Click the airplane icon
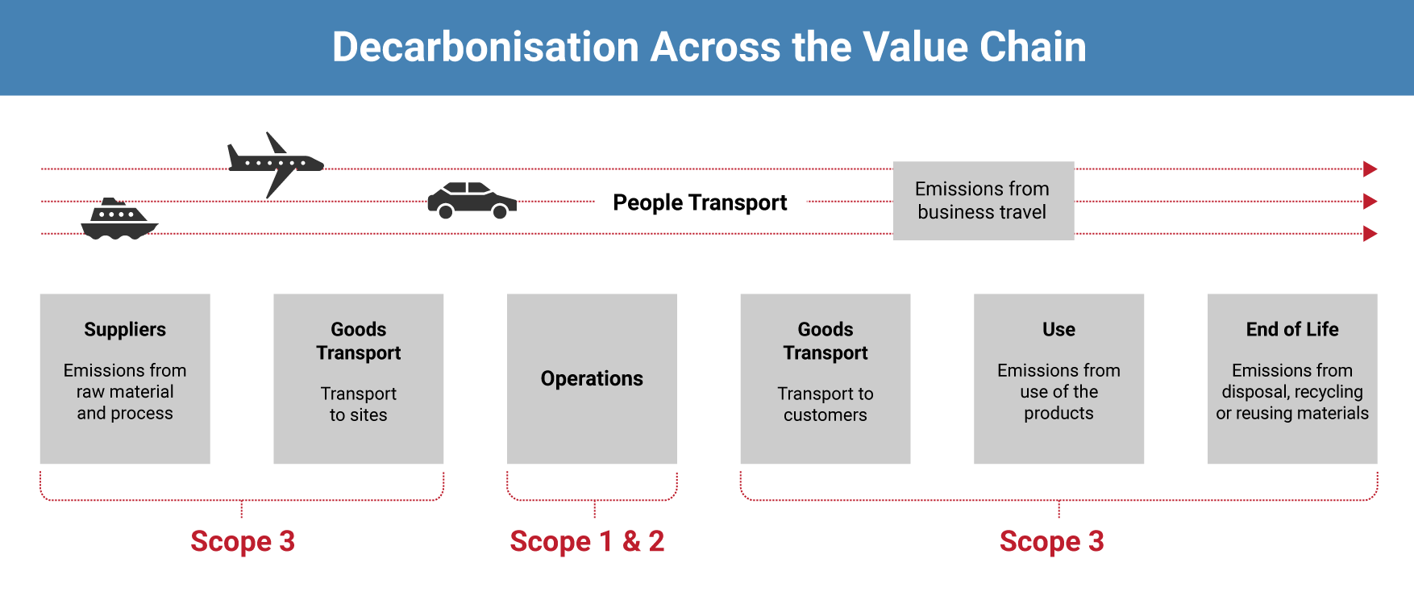[275, 165]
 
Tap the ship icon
[119, 219]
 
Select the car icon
[472, 200]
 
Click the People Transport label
[700, 202]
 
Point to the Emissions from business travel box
[983, 201]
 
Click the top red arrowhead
[1370, 169]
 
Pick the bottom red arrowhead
[1370, 234]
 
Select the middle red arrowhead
[1370, 202]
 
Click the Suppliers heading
[125, 330]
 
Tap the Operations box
[592, 378]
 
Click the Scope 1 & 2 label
[587, 541]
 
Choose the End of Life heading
[1292, 329]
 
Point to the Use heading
[1058, 329]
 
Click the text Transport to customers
[826, 404]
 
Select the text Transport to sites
[359, 404]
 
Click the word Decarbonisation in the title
[485, 47]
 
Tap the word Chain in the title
[1033, 47]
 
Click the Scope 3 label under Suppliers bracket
[243, 541]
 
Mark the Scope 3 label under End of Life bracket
[1052, 541]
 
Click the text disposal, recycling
[1292, 392]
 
